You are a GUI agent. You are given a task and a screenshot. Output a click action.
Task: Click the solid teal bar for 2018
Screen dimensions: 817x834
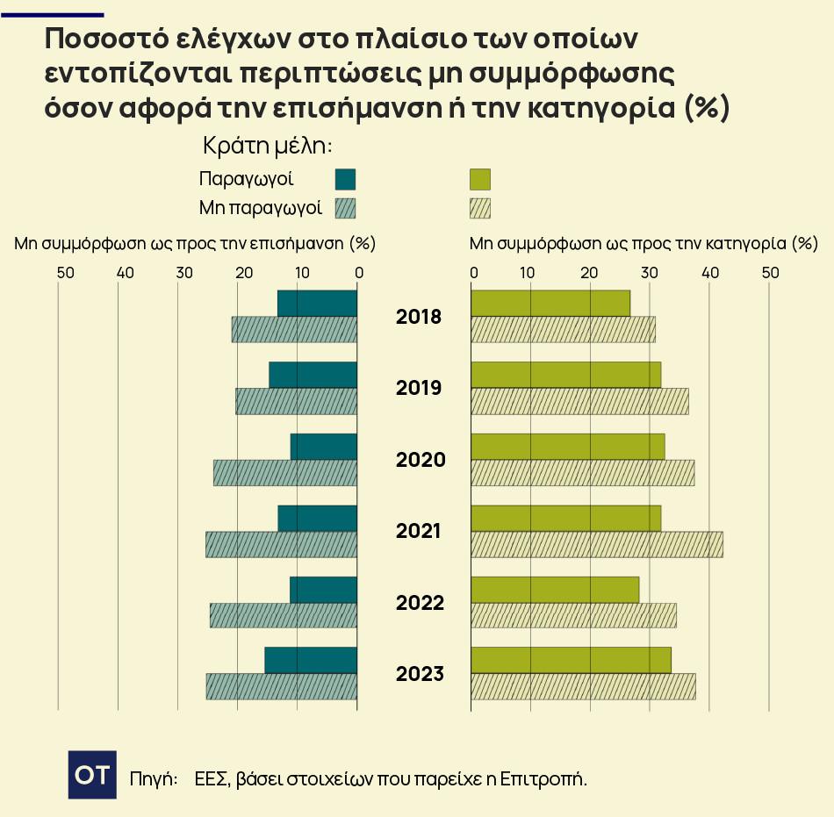coord(317,303)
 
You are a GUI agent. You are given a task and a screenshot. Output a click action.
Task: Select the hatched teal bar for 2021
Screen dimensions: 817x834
coord(281,544)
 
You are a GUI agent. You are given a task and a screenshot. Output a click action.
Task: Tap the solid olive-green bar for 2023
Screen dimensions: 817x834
coord(571,660)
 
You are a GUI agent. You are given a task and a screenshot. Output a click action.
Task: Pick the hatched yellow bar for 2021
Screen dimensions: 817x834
coord(597,544)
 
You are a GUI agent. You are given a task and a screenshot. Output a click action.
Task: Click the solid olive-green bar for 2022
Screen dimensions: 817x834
coord(555,589)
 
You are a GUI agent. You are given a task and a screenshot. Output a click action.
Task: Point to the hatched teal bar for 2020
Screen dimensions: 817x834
coord(285,472)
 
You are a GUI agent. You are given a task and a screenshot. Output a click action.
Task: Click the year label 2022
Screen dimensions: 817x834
coord(421,603)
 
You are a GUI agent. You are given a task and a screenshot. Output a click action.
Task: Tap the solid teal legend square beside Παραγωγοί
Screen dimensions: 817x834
coord(345,180)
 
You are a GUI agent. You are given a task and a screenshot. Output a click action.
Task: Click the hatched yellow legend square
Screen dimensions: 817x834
coord(479,208)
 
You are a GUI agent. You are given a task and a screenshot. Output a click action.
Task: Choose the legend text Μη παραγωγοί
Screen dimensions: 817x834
coord(261,208)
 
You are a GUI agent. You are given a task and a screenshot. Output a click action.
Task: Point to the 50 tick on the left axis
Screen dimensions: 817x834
coord(65,272)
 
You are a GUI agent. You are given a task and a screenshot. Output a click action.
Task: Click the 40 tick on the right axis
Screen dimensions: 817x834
coord(711,272)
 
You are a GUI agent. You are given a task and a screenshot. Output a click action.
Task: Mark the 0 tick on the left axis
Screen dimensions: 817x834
coord(359,272)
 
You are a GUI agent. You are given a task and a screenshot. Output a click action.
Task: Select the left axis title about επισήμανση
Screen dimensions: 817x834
coord(195,243)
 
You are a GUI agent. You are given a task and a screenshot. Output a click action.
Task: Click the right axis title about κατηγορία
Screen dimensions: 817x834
coord(643,243)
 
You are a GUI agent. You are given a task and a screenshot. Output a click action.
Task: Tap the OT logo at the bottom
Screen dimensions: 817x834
coord(92,775)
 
